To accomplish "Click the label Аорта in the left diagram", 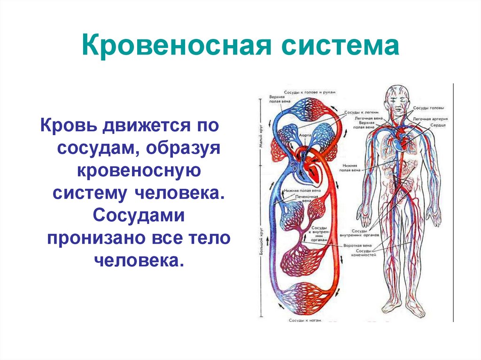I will (304, 134).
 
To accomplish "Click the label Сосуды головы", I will (428, 107).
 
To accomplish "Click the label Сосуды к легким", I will (356, 113).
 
